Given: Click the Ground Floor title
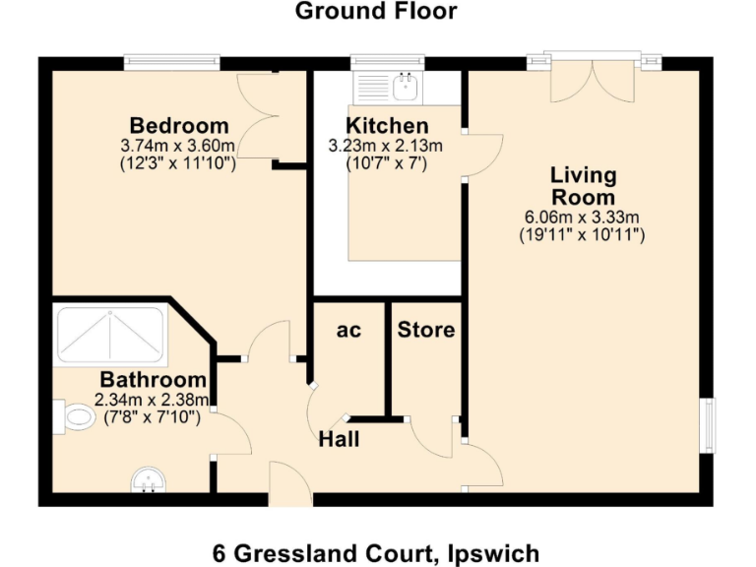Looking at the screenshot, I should click(376, 12).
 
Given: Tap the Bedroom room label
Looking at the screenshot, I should click(179, 126).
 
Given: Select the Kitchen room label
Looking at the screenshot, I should click(387, 126).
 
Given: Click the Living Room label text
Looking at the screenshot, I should click(583, 186).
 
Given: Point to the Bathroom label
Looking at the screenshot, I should click(154, 380).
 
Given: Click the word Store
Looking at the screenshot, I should click(426, 330).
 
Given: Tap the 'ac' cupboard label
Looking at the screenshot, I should click(348, 331).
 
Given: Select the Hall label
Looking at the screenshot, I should click(339, 440).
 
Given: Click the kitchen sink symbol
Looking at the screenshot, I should click(404, 88).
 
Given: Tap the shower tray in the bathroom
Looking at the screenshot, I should click(110, 335).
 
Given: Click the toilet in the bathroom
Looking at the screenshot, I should click(73, 417).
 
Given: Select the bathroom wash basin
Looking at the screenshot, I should click(149, 479).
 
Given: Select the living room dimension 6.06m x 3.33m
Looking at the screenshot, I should click(582, 218).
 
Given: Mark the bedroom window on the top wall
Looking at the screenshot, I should click(171, 63).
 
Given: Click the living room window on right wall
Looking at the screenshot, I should click(706, 425).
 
